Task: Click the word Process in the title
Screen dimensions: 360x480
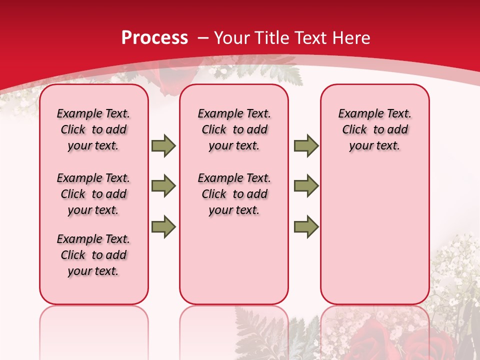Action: pos(154,38)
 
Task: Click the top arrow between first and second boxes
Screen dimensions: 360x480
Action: pos(163,145)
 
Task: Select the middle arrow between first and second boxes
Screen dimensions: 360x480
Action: pos(163,186)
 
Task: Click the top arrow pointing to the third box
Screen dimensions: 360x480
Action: pos(306,145)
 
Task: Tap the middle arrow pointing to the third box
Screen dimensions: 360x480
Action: pos(306,186)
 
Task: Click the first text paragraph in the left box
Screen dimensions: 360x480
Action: pos(93,129)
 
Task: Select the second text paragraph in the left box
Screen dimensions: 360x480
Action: pos(93,194)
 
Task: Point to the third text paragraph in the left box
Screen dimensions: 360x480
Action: pos(93,255)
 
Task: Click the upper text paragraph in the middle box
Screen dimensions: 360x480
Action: pos(234,129)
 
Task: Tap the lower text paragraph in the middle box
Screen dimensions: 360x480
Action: pos(234,194)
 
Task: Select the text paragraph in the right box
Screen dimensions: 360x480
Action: pos(374,129)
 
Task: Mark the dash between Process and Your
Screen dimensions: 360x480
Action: pos(203,38)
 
